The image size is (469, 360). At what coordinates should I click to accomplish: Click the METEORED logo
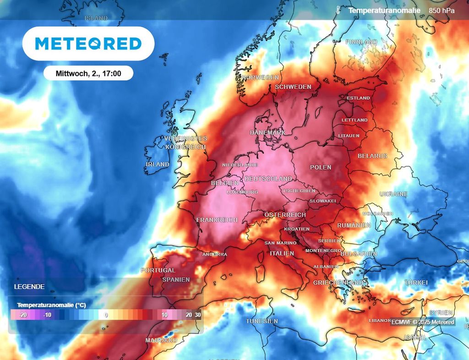coord(88,44)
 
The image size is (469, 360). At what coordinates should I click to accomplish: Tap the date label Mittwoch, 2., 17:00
coord(88,73)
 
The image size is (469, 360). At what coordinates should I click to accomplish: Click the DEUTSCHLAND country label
coord(268,179)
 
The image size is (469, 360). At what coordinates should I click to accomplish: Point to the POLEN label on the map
coord(321,168)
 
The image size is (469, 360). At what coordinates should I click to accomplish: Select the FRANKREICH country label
coord(217,220)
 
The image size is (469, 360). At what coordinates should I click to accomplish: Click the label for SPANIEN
coord(176,280)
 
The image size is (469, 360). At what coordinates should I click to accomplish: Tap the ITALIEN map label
coord(282,254)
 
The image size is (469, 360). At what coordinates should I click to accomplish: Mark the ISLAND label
coord(96,18)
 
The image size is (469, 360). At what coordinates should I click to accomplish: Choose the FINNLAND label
coord(361,42)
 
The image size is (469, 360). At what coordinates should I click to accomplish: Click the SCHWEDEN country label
coord(293,87)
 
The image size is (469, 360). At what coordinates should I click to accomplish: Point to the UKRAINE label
coord(393,194)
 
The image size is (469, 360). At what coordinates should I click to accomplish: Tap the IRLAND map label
coord(157,164)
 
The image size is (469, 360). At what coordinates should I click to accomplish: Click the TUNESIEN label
coord(262,322)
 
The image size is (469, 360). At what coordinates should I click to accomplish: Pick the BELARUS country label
coord(372,156)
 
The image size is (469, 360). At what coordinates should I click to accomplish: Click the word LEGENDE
coord(29,287)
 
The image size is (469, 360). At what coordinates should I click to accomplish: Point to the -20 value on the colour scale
coord(23,315)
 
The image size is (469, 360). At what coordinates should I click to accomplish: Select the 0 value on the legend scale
coord(106,315)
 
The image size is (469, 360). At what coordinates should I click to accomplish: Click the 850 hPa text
coord(442,10)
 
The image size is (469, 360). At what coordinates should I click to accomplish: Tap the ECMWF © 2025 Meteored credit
coord(423,322)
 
